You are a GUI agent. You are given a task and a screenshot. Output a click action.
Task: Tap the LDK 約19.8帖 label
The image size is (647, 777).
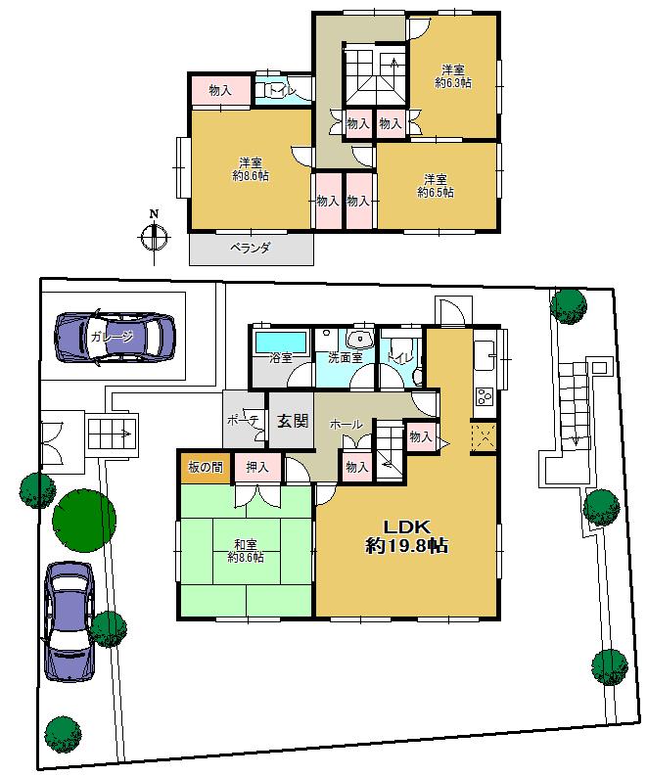(x=406, y=536)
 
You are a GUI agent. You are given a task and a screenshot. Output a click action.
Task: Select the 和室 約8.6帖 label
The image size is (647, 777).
(x=245, y=551)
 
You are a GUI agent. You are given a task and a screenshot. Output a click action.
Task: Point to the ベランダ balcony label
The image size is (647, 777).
(x=250, y=249)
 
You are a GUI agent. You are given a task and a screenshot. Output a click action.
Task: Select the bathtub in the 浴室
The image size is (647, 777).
(x=281, y=342)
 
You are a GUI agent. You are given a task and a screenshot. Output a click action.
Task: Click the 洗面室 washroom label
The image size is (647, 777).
(x=345, y=357)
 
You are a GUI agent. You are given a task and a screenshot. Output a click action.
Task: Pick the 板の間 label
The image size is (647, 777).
(x=204, y=467)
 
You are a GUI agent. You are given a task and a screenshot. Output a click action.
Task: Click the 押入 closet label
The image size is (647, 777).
(x=258, y=467)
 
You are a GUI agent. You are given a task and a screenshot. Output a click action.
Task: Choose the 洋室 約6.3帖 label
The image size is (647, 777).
(x=452, y=76)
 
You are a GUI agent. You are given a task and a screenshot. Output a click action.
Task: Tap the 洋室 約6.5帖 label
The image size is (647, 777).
(x=436, y=186)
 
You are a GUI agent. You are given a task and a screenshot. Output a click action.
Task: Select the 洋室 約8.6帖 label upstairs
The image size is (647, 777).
(x=251, y=169)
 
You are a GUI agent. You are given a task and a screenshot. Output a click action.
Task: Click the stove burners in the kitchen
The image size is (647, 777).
(x=483, y=396)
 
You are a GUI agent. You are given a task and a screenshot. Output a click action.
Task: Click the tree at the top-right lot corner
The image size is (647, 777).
(x=568, y=304)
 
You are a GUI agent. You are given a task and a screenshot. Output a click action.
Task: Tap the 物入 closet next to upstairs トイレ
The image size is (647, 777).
(x=220, y=90)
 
